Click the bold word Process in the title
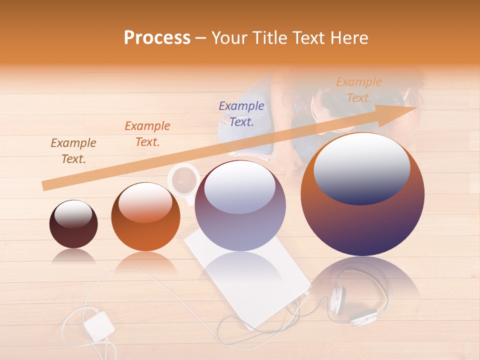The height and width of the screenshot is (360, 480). coord(157,38)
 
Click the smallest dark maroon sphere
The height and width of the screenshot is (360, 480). coord(73,224)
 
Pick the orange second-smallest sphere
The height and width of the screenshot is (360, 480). coord(145,216)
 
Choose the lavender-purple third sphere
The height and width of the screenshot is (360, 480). coord(240,205)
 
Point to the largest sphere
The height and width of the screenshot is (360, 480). coord(362,194)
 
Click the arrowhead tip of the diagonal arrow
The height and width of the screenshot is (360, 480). coord(415,108)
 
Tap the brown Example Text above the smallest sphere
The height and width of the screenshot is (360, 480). coord(73,151)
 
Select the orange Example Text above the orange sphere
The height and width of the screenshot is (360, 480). coord(147,134)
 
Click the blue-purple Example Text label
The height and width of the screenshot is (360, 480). coord(241,113)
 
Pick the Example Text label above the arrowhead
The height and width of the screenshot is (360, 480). coord(359,89)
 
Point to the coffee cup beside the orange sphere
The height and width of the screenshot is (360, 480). coord(183,179)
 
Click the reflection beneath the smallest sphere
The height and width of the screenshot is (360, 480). coord(73,256)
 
